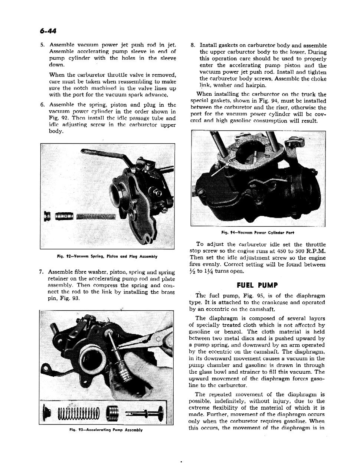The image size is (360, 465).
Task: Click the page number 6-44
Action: tap(48, 30)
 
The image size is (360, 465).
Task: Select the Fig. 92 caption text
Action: tap(107, 256)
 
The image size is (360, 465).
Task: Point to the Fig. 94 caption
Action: tap(258, 233)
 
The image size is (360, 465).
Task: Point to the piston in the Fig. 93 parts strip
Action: tap(113, 412)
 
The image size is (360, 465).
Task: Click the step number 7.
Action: tap(41, 272)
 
